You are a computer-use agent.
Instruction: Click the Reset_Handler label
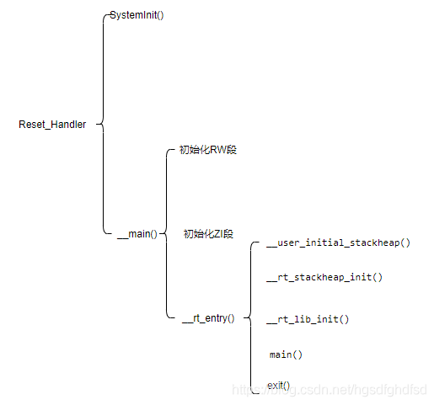coord(52,125)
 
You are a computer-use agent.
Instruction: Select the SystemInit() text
coord(137,15)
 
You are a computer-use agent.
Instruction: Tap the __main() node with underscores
coord(137,234)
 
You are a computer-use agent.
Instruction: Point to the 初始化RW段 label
coord(208,150)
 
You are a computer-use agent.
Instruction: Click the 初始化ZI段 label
coord(208,233)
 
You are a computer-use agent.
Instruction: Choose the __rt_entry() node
coord(208,318)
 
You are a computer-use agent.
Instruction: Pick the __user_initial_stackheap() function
coord(338,242)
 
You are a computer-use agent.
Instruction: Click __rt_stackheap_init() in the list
coord(324,277)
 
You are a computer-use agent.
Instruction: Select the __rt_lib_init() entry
coord(308,319)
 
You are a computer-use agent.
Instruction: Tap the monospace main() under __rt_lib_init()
coord(286,354)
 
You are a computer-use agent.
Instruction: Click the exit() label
coord(278,386)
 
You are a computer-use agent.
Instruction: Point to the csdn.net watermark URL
coord(330,390)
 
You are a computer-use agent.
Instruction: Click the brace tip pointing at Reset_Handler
coord(97,124)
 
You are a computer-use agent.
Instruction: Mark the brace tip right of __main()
coord(160,233)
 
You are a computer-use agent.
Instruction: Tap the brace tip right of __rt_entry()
coord(244,317)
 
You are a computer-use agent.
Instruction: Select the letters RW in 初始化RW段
coord(218,150)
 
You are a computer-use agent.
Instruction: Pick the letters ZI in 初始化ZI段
coord(218,233)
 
